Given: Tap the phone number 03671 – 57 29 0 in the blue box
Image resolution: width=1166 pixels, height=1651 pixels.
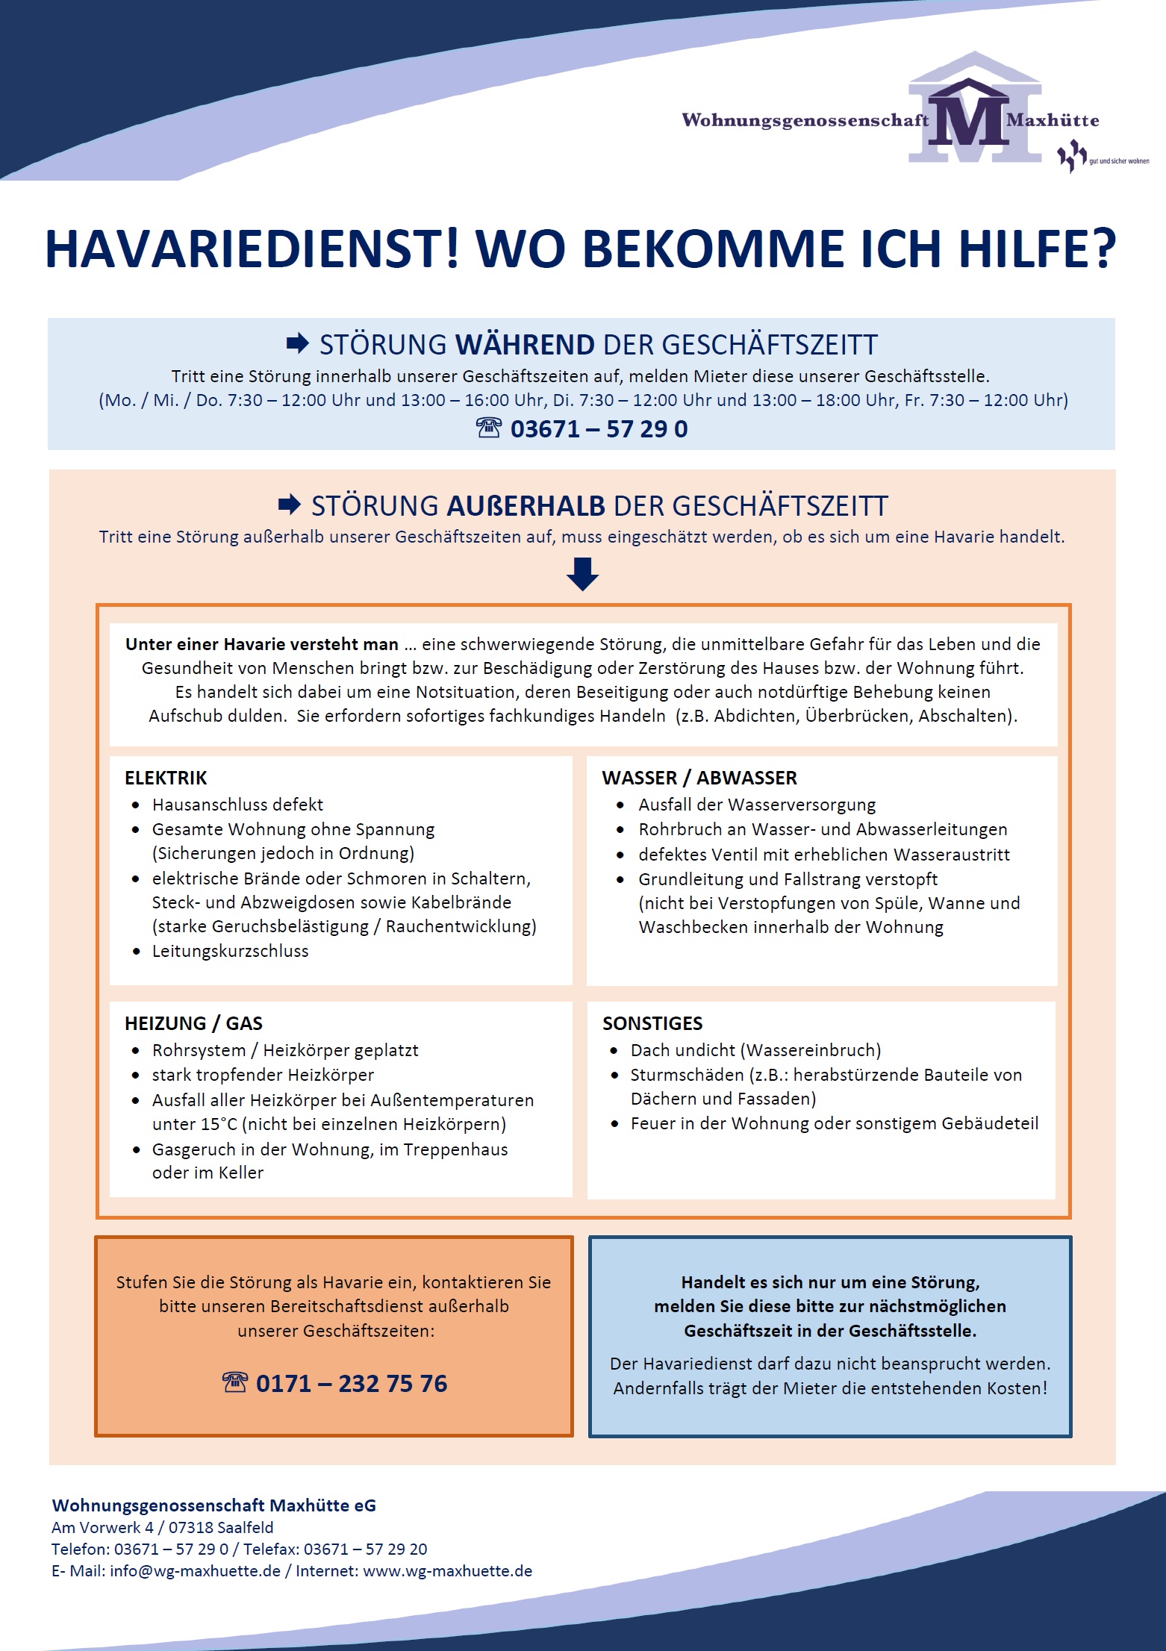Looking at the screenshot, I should [599, 429].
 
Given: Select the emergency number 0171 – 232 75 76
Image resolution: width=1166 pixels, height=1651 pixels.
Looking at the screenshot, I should [352, 1383].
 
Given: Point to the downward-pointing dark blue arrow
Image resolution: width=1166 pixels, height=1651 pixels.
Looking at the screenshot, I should [582, 574].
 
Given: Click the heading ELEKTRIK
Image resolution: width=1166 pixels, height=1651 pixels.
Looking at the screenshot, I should [166, 778].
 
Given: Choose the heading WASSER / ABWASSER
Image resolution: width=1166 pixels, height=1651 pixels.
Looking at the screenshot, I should [699, 778].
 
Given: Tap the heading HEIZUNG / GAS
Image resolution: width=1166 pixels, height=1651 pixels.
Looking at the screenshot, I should [193, 1023].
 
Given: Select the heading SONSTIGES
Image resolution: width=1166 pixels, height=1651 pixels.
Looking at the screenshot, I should [652, 1023].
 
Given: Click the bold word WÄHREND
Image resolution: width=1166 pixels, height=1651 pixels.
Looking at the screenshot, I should [525, 345].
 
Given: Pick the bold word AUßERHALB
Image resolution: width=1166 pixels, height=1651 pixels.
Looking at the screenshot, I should [526, 506].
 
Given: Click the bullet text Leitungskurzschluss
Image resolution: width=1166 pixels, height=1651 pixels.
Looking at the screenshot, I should [230, 951].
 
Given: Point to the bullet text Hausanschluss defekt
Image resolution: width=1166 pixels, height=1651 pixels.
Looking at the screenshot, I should [237, 805].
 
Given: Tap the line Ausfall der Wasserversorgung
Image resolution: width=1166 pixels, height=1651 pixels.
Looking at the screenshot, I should [757, 805].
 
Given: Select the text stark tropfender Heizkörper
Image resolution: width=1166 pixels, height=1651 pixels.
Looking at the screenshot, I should [263, 1075].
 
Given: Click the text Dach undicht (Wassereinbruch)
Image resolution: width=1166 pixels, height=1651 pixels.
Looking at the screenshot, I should [755, 1050].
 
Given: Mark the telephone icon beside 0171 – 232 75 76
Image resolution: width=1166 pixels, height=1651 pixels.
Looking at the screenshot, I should [234, 1382].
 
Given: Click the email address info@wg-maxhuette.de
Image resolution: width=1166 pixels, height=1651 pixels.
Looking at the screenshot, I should [195, 1570].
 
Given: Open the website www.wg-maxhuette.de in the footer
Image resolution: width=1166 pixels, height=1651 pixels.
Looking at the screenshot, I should [447, 1570].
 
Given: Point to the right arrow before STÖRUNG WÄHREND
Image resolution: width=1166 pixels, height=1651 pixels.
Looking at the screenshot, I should [297, 344].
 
